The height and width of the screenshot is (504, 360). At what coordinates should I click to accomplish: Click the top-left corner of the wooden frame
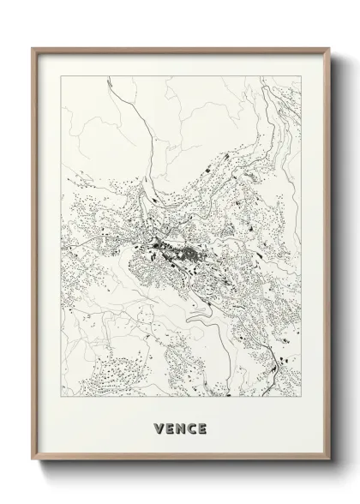click(x=33, y=49)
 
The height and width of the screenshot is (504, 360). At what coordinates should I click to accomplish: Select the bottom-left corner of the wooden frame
click(x=33, y=473)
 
